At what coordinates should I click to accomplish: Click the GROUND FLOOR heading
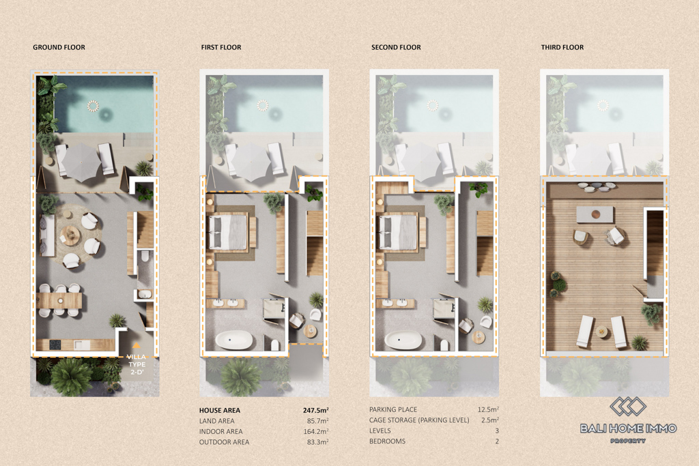tap(59, 47)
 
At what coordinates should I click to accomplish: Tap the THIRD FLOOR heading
tap(562, 47)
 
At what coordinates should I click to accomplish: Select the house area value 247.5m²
tap(315, 410)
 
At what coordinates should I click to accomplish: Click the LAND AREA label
tap(216, 421)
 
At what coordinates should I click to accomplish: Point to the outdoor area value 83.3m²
tap(317, 442)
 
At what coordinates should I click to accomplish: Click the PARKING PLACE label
tap(393, 409)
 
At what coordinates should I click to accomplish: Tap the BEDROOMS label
tap(388, 441)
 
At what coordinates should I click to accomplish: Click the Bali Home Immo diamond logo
tap(628, 407)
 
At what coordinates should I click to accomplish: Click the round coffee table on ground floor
tap(70, 234)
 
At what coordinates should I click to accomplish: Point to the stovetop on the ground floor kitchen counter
tap(55, 345)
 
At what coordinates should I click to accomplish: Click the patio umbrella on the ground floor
tap(81, 162)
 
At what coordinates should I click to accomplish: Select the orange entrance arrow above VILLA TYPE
tap(137, 345)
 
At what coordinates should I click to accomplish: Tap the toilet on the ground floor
tap(145, 257)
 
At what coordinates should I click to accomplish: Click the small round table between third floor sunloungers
tap(602, 332)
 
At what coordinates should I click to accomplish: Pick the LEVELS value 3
tap(497, 431)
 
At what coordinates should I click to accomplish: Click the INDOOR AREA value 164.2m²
tap(316, 431)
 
